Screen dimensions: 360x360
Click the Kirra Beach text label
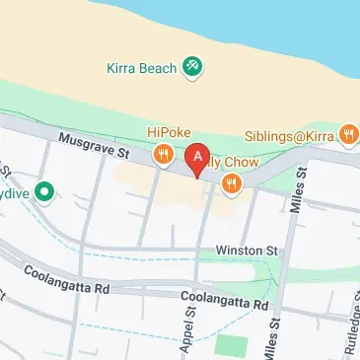pos(141,67)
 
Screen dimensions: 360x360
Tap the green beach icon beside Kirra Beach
pos(191,67)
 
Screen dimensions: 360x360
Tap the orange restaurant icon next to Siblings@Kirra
pos(347,133)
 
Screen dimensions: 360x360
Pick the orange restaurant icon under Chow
pos(232,181)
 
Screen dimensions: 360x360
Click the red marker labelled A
pos(200,158)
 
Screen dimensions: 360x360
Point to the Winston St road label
pos(248,252)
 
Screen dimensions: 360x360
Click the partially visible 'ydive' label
pos(16,192)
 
